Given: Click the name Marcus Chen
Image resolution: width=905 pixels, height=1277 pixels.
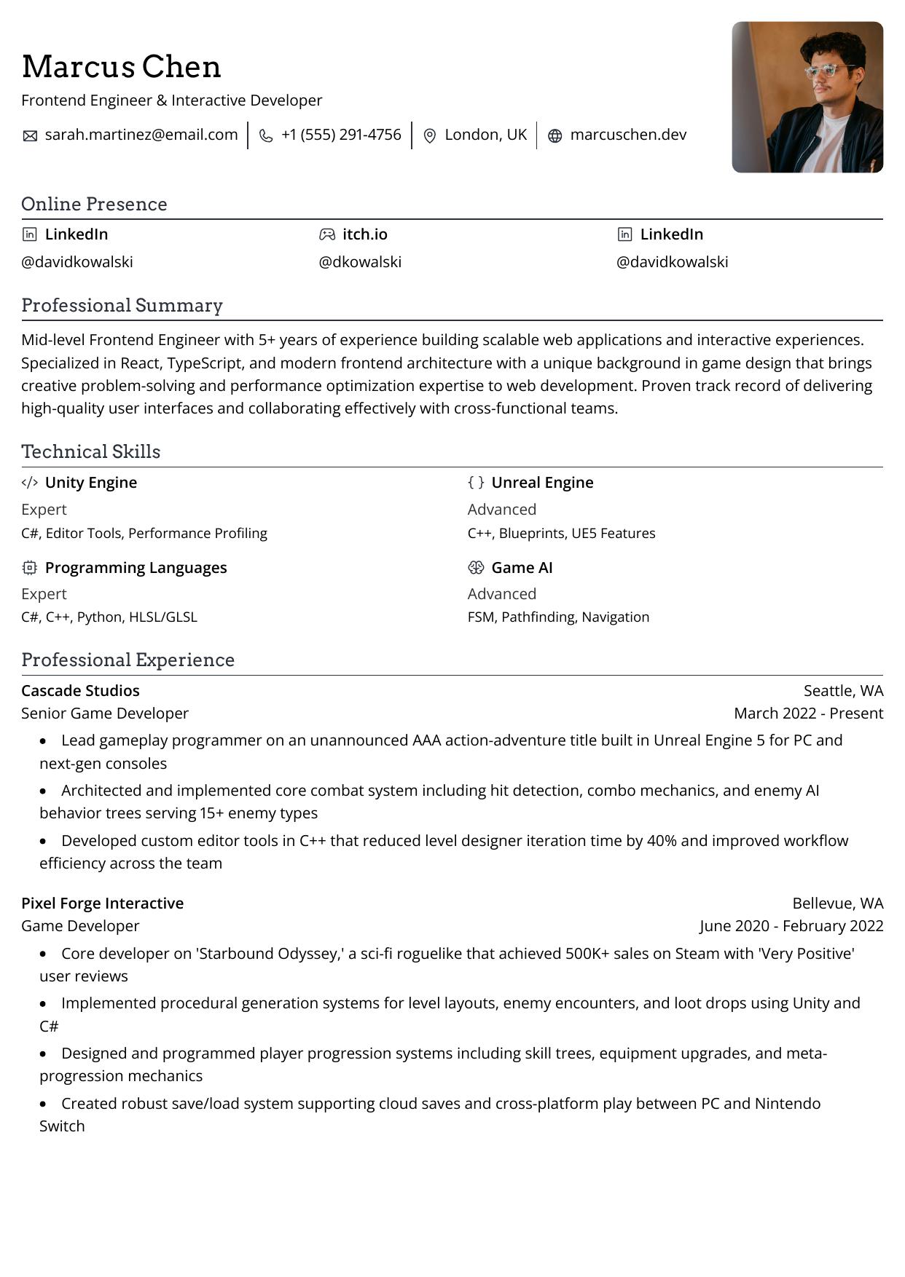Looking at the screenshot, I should (x=121, y=67).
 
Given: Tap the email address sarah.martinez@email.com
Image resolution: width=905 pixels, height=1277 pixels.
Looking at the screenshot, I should (x=141, y=135).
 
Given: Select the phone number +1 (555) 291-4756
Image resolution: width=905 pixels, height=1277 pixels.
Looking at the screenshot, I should (x=341, y=135).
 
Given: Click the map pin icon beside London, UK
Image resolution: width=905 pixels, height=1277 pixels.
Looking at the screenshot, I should (x=430, y=136).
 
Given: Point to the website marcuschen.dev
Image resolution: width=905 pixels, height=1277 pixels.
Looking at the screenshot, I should (x=628, y=135).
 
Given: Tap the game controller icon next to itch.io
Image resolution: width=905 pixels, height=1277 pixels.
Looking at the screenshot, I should (x=327, y=234).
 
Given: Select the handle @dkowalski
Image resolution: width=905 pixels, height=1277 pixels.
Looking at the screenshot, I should (x=360, y=262).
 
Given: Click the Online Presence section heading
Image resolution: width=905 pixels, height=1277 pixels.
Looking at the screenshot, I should (x=94, y=204).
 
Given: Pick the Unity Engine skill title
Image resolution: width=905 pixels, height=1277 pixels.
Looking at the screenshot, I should (x=91, y=483).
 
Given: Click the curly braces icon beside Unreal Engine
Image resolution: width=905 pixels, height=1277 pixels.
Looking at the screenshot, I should (x=476, y=483).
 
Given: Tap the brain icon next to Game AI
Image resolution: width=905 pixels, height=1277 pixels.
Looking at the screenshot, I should (x=476, y=568).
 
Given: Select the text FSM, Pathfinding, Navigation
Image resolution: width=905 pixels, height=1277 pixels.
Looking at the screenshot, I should (x=558, y=617).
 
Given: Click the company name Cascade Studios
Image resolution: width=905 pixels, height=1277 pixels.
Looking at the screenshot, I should (x=80, y=690).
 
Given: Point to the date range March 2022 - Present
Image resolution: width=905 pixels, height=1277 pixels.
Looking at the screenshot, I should (x=808, y=713).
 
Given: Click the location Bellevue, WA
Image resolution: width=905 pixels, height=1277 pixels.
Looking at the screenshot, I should (x=837, y=904).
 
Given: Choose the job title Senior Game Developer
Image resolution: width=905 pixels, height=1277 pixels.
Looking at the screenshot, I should (x=105, y=713).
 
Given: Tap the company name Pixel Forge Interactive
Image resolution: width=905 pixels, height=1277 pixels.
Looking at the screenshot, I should (x=102, y=904).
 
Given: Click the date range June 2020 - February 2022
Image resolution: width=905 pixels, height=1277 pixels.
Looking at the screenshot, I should (x=791, y=926).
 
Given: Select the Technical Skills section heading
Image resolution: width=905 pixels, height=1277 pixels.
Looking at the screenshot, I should (x=90, y=451).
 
